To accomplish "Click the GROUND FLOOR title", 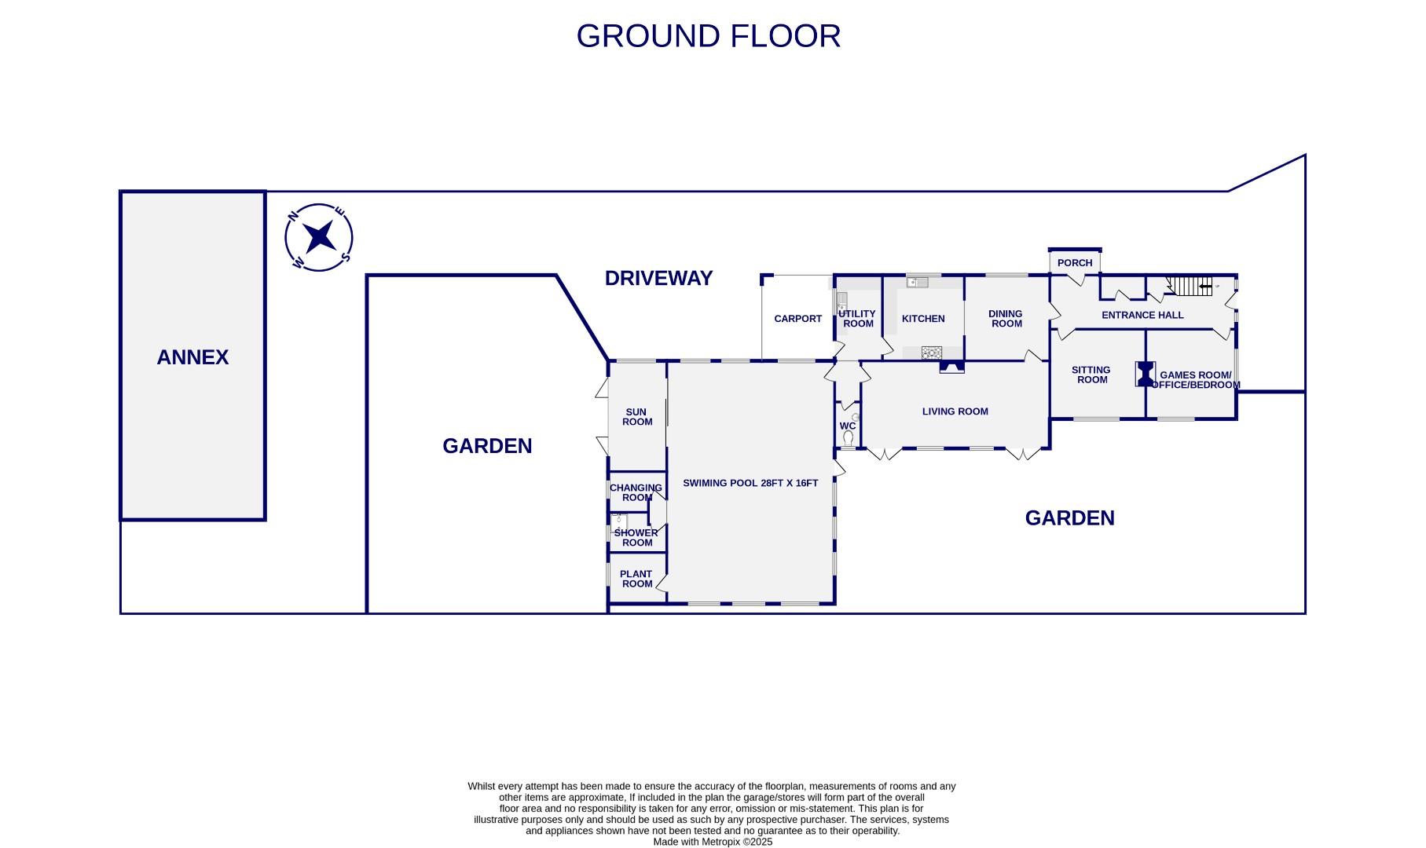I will point(708,36).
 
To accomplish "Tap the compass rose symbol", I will point(319,237).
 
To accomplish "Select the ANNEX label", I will point(192,357).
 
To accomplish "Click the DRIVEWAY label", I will point(658,278).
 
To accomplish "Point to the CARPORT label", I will point(797,319).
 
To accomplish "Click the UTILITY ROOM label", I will point(857,319).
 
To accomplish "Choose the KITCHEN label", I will point(923,319).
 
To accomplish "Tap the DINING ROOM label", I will point(1006,319).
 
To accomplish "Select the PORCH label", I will point(1075,263).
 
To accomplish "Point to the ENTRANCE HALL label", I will point(1142,315).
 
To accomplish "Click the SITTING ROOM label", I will point(1091,375).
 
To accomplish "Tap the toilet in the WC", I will point(848,437).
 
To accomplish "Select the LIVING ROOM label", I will point(955,411).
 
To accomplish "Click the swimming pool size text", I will point(750,483).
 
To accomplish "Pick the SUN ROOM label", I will point(636,417).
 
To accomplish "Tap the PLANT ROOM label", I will point(636,579).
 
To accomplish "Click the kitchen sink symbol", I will point(917,282).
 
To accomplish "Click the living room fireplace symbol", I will point(951,367).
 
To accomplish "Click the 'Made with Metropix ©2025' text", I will point(713,842).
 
